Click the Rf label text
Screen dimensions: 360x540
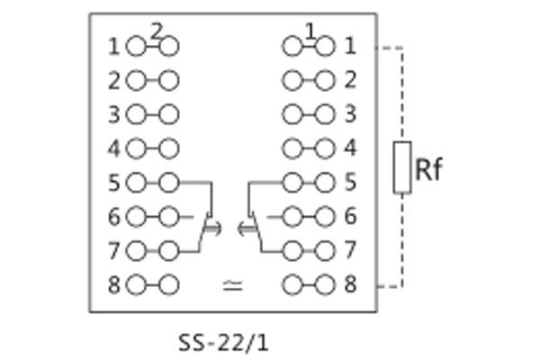430,168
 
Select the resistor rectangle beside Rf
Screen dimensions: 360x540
402,167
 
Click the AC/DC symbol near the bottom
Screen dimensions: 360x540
232,286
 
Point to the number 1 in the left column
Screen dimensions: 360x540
114,46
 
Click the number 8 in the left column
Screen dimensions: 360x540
114,285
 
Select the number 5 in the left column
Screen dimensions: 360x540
114,183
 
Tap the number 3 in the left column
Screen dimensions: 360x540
114,114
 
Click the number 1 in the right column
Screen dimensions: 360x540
350,46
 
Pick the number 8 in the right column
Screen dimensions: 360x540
350,285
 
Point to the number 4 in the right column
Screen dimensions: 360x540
350,148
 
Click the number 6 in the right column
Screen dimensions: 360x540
350,217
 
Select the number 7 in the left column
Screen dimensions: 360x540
114,251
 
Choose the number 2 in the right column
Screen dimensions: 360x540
350,80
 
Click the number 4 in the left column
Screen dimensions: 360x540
114,148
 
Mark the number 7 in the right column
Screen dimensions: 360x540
350,251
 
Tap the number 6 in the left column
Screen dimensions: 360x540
114,217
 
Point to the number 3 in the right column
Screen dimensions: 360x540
350,114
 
